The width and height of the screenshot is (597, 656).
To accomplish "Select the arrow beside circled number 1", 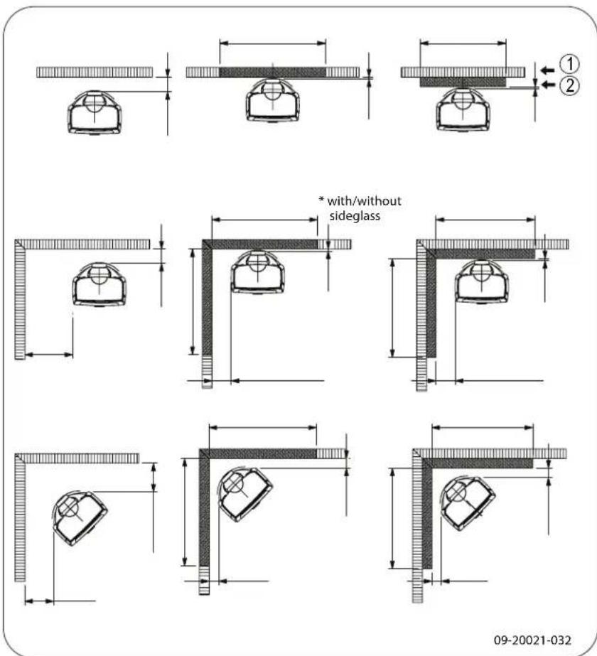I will click(546, 70).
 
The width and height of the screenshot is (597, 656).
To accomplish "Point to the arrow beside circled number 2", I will click(546, 85).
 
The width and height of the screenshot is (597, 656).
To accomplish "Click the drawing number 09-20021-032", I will click(537, 620).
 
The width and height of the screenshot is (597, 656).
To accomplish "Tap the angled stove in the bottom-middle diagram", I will click(245, 495).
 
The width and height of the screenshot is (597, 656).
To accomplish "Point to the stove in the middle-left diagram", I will click(100, 283).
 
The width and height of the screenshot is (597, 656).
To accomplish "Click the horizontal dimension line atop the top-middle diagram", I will click(272, 43).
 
